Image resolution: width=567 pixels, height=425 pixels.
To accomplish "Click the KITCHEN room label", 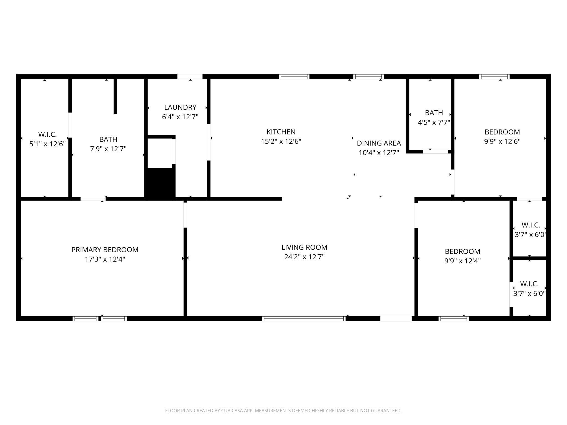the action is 281,132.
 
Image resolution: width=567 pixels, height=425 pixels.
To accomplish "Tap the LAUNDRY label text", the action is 180,107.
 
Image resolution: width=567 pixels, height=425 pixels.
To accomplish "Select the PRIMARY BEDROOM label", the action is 105,250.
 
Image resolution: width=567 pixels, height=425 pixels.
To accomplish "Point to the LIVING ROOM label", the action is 304,247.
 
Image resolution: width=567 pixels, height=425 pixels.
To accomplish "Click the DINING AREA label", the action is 379,143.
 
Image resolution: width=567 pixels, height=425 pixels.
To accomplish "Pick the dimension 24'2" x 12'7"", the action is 304,257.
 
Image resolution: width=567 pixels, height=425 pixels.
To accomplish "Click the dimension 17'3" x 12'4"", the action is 105,260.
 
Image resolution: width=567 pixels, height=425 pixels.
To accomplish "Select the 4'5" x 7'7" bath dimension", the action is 434,123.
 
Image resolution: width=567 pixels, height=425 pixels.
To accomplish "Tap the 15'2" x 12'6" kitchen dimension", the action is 281,142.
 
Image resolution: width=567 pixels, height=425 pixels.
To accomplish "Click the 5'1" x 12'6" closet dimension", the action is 48,144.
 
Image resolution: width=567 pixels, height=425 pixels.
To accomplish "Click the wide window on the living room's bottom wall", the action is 304,318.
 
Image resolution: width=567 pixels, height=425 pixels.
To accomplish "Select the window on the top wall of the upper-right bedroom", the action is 494,77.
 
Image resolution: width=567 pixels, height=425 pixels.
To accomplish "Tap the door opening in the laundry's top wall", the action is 190,77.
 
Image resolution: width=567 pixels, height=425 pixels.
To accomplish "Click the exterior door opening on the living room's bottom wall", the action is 396,319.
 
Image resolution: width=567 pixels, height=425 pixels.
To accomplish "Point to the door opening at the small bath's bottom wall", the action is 435,152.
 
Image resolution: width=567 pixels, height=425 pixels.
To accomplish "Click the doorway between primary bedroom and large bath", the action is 93,199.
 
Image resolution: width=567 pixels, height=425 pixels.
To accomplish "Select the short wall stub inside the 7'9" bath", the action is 115,96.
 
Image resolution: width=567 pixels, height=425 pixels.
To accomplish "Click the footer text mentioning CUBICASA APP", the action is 283,411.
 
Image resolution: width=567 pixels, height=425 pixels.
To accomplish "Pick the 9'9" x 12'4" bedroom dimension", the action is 462,261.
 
